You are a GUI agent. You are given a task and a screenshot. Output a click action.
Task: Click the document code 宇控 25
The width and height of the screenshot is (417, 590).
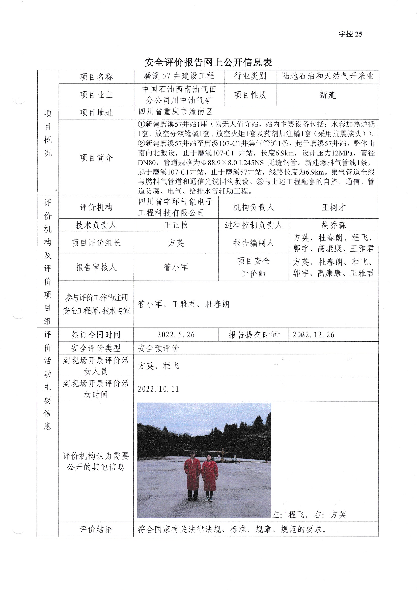[x=350, y=34]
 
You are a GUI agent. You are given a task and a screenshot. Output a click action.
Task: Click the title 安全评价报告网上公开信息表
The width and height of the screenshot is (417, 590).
[x=208, y=62]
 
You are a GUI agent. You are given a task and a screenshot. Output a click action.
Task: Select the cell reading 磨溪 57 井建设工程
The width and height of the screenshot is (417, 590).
[x=179, y=76]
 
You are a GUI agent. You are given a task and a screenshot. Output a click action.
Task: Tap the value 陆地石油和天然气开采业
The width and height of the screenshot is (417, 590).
[x=328, y=76]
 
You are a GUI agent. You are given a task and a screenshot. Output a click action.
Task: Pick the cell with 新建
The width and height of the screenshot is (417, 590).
[x=328, y=95]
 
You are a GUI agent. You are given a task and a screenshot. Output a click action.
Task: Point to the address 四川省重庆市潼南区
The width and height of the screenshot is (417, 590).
[x=176, y=112]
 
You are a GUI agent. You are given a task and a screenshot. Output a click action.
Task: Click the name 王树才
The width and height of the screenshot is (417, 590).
[x=333, y=207]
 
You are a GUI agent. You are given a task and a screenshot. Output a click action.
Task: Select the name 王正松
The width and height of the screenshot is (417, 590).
[x=176, y=225]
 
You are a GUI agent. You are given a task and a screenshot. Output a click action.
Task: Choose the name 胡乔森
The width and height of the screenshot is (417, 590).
[x=333, y=225]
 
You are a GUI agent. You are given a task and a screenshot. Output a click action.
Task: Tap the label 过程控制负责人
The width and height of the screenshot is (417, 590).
[x=254, y=225]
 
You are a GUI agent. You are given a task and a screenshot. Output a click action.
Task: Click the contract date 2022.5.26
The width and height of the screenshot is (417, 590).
[x=176, y=335]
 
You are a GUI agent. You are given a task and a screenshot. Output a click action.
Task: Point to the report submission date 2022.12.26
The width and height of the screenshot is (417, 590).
[x=314, y=335]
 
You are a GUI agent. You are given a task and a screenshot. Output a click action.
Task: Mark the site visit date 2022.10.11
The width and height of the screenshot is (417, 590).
[x=158, y=389]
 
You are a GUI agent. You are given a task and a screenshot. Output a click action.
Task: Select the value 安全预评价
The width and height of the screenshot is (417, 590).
[x=158, y=348]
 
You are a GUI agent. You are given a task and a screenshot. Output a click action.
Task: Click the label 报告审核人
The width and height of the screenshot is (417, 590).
[x=96, y=267]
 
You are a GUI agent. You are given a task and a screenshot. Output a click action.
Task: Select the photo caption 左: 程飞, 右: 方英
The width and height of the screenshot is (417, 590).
[x=309, y=515]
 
